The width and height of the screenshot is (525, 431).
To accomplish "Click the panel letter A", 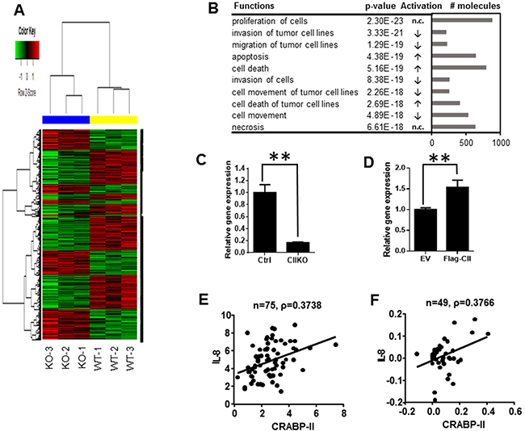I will [x=10, y=11].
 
